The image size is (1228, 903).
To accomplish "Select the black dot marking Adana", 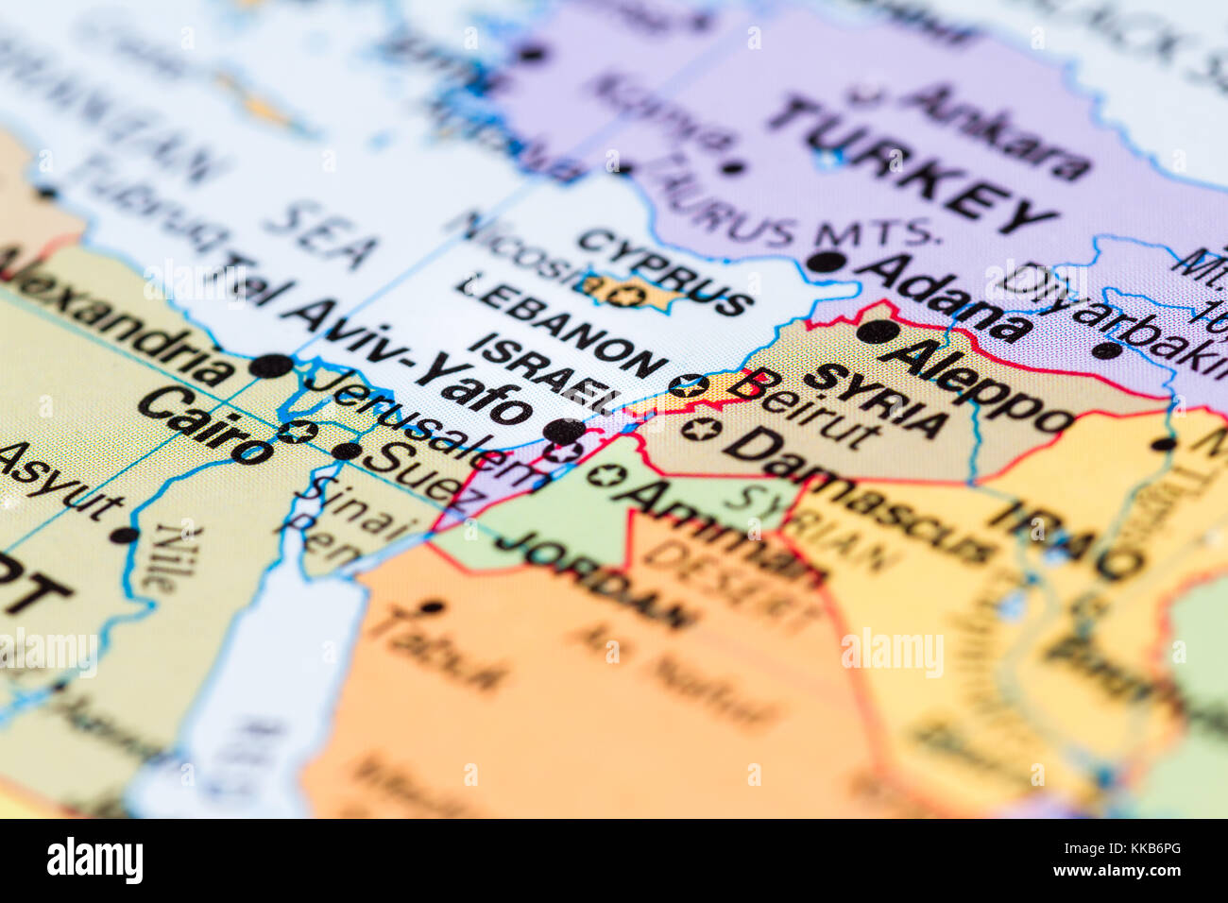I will click(827, 262).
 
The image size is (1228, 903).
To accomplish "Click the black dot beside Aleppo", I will click(876, 332).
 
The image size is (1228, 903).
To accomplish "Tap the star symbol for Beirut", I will click(687, 384).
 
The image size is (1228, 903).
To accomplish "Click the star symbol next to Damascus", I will click(700, 430).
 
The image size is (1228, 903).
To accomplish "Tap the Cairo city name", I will click(204, 424).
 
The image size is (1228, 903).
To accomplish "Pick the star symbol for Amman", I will click(605, 473).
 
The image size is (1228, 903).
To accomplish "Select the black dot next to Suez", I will click(346, 451).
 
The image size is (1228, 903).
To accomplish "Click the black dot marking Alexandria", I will click(271, 366).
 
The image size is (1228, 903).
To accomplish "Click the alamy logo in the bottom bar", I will click(94, 860).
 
